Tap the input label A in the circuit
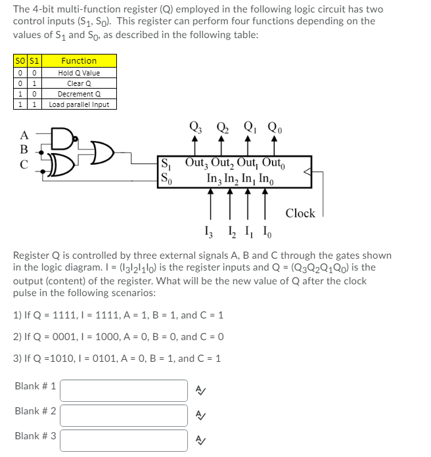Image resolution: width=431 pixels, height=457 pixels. (24, 135)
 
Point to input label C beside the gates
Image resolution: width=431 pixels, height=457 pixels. (24, 165)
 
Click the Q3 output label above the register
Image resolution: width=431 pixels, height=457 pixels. (194, 127)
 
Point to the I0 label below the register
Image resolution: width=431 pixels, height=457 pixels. (265, 232)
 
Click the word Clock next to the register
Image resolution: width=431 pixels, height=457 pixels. (300, 213)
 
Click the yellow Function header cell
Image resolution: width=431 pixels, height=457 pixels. (78, 60)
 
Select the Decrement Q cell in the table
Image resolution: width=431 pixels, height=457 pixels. (78, 93)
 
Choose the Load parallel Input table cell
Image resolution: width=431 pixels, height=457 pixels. (78, 104)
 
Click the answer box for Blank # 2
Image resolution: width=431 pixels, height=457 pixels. (124, 415)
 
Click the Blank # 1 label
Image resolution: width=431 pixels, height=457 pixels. (35, 386)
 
